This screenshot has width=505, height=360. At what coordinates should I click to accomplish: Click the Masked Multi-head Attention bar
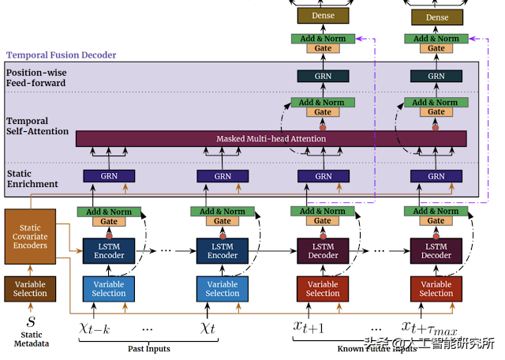tap(271, 139)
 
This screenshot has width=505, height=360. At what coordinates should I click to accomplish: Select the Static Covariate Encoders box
tap(30, 236)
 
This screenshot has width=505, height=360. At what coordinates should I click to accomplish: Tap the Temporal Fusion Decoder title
tap(62, 55)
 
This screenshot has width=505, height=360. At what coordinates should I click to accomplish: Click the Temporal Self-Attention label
tap(38, 126)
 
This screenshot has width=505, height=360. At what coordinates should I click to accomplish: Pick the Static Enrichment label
tap(32, 179)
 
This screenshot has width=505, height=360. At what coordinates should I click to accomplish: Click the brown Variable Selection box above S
tap(30, 288)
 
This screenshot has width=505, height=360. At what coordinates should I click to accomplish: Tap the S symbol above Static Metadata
tap(31, 322)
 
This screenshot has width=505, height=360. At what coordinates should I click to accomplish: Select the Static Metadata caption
tap(31, 339)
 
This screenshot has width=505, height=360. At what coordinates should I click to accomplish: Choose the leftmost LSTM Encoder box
tap(109, 250)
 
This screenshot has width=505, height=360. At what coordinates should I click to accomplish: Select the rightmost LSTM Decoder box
tap(436, 250)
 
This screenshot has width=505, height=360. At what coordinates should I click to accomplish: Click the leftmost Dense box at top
tap(323, 17)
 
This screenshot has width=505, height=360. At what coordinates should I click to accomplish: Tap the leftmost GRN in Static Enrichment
tap(109, 176)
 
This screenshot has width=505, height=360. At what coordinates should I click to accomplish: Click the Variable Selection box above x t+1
tap(323, 288)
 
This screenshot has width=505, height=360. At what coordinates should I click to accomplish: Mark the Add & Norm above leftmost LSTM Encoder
tap(109, 212)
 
